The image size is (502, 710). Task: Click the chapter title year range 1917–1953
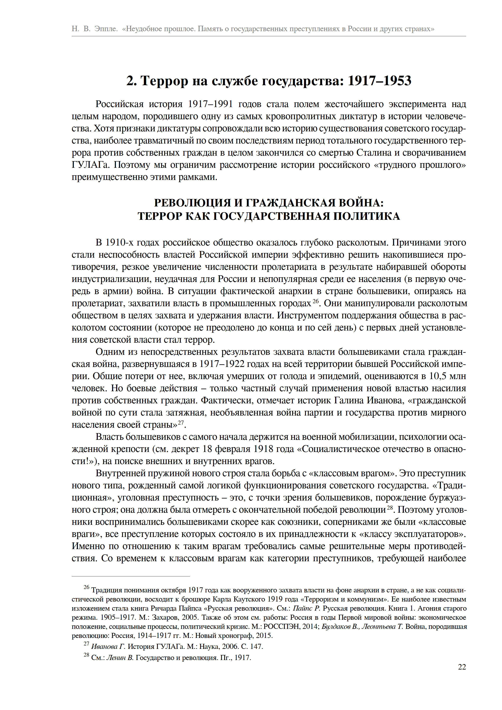(380, 81)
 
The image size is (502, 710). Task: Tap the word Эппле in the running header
(106, 29)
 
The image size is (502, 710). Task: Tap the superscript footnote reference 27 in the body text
(181, 422)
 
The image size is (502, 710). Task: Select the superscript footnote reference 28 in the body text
(389, 507)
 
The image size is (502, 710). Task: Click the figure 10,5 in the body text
(438, 376)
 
